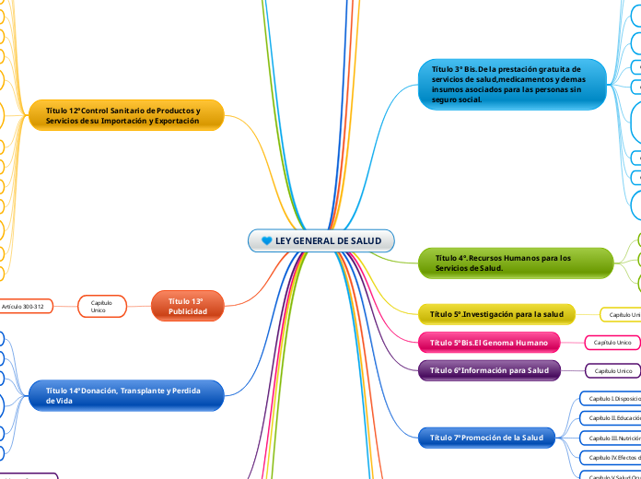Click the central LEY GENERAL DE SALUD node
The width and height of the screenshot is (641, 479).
pos(321,240)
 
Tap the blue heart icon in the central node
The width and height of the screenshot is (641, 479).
pos(267,241)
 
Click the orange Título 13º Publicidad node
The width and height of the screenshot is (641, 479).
pos(186,306)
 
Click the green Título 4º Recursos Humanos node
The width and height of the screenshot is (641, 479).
pos(516,263)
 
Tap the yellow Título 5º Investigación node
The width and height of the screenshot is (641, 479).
pos(496,314)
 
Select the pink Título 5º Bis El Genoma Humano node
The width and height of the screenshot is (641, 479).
pos(488,343)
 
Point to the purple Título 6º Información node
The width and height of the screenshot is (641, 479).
pos(488,370)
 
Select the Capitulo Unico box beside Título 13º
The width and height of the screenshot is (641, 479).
pos(102,306)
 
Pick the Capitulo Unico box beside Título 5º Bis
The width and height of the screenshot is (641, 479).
pos(612,343)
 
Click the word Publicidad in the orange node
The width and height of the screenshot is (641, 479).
pos(188,311)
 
